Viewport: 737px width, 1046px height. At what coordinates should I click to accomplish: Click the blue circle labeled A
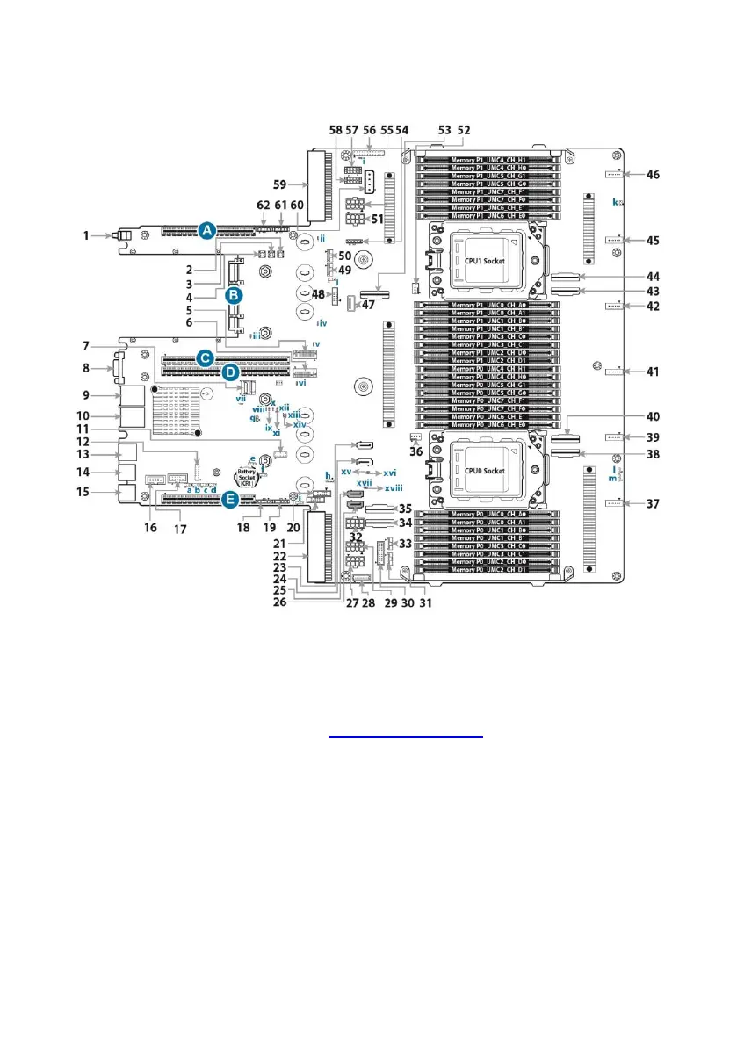pos(206,230)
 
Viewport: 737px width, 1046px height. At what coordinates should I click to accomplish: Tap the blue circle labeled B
pos(234,296)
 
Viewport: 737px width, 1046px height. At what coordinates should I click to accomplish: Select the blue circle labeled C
pos(204,357)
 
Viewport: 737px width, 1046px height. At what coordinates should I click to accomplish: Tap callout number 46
pos(654,175)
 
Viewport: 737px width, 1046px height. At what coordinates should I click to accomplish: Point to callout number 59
pos(280,185)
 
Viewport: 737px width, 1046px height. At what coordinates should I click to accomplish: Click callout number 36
pos(416,451)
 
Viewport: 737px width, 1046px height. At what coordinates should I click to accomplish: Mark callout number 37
pos(654,504)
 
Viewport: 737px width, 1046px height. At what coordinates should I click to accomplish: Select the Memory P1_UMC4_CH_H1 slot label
pos(488,160)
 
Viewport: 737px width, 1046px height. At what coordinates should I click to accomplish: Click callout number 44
pos(654,276)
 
